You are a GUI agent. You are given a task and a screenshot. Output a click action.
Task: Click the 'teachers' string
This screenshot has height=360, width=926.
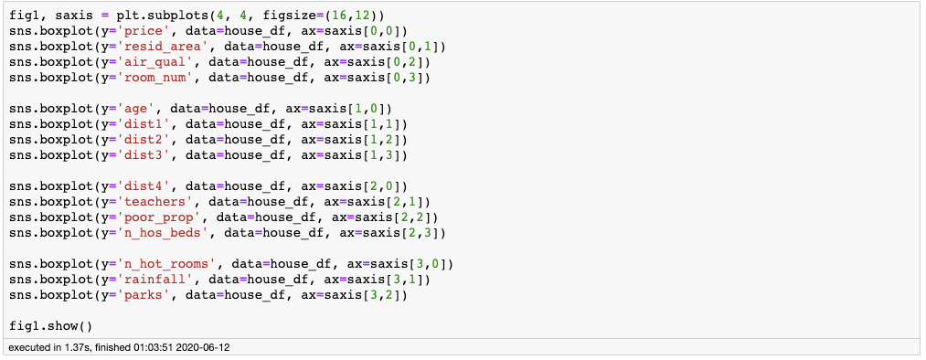pos(148,201)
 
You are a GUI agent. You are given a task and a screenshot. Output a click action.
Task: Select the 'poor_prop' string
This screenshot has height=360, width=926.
pos(152,217)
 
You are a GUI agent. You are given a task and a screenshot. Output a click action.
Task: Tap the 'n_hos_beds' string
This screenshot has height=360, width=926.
pos(155,232)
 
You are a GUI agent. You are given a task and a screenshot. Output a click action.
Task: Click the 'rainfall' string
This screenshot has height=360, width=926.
pos(148,279)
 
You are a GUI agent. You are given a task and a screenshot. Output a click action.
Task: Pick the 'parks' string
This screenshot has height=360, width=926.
pos(136,294)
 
